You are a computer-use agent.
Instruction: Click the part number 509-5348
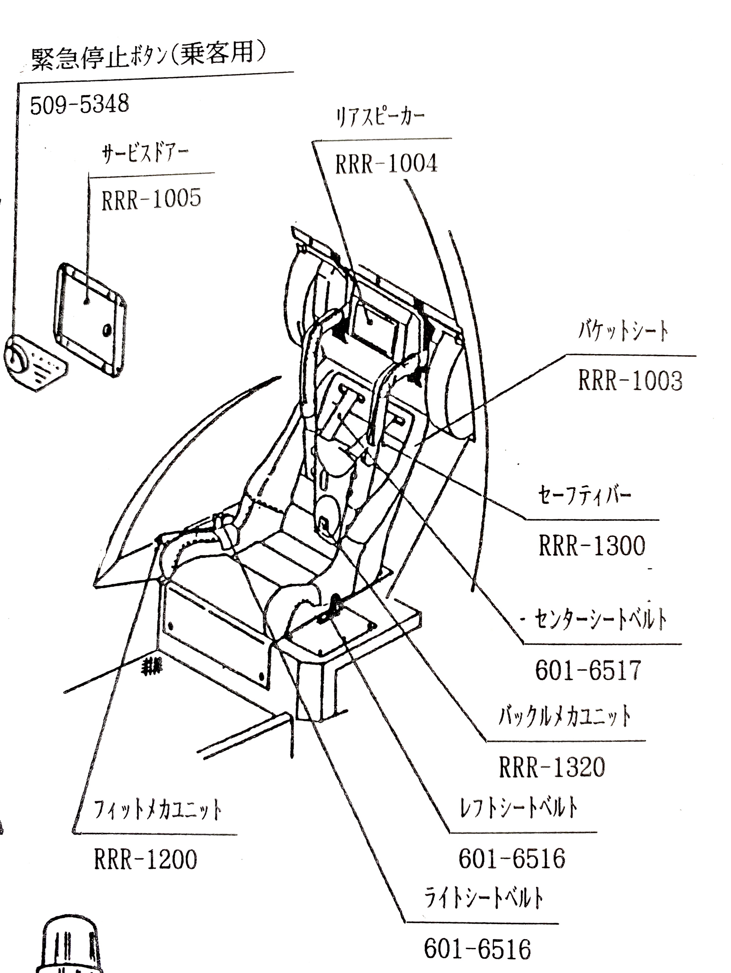[x=79, y=105]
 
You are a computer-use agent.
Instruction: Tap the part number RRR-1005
[x=151, y=199]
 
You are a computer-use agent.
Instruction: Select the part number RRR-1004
[x=386, y=163]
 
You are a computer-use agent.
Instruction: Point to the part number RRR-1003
[x=630, y=380]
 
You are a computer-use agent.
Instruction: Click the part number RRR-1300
[x=592, y=545]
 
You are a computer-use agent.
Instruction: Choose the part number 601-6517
[x=588, y=671]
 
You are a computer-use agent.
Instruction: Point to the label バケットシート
[x=623, y=332]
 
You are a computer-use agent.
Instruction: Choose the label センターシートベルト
[x=600, y=620]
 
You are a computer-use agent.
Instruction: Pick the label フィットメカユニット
[x=158, y=810]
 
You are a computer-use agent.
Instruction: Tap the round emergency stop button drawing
[x=17, y=360]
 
